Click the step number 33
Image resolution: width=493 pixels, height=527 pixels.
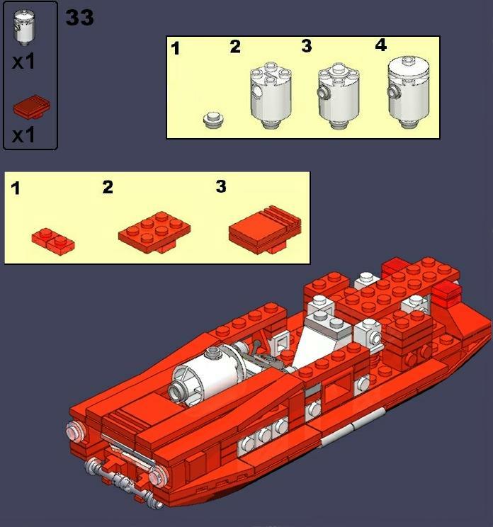pos(79,18)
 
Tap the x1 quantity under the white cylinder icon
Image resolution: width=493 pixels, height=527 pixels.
pos(23,62)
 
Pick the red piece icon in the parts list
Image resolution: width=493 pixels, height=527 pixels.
pos(30,108)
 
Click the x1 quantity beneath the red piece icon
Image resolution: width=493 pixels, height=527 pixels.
pos(23,135)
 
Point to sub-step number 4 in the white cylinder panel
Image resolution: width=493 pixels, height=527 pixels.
pos(381,46)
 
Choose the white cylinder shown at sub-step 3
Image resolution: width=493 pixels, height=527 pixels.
pos(336,96)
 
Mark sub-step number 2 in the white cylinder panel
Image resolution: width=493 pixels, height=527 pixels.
pos(235,47)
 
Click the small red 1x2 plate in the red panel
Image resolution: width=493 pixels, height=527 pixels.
pos(53,239)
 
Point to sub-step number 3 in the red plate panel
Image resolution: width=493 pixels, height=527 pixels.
pos(221,186)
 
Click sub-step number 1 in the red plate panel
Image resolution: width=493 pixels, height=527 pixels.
pos(16,189)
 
